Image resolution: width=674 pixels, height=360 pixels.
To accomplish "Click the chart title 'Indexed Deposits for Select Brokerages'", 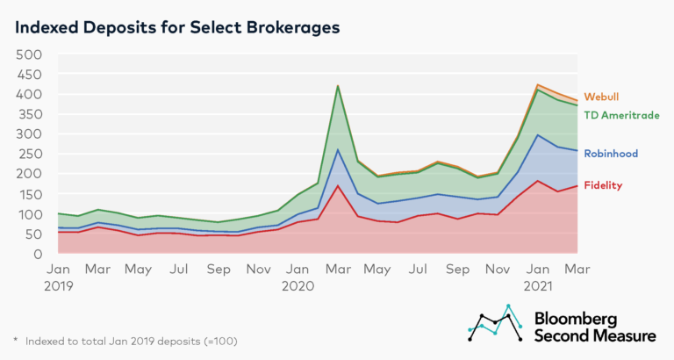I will [x=176, y=26].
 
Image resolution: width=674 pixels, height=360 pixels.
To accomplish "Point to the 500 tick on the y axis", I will [x=30, y=54].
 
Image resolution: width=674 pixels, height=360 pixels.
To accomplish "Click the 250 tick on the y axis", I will [x=30, y=155].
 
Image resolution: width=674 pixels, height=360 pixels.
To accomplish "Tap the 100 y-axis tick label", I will [x=30, y=214].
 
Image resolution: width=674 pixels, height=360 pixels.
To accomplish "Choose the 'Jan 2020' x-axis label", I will [x=298, y=277].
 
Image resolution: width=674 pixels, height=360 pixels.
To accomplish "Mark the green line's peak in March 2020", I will [x=338, y=86].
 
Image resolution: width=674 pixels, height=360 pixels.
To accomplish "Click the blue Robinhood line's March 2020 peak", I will [x=338, y=150].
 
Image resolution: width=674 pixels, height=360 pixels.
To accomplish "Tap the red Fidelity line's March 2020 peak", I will [x=338, y=186].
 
